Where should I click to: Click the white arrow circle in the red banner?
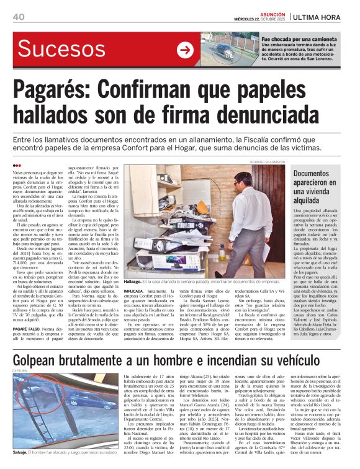pyautogui.click(x=185, y=50)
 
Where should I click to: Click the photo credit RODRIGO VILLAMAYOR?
pyautogui.click(x=265, y=160)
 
